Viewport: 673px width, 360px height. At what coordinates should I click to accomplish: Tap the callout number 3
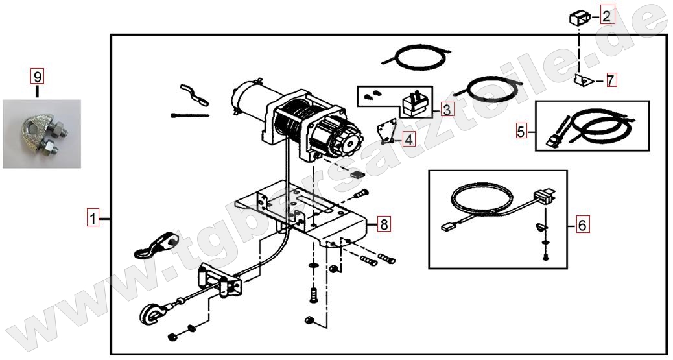(447, 110)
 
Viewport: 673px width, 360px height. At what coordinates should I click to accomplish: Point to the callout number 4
(408, 139)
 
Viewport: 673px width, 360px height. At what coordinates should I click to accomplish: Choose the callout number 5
(521, 131)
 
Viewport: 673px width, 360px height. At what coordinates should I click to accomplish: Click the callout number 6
(582, 224)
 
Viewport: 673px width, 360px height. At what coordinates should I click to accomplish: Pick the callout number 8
(384, 223)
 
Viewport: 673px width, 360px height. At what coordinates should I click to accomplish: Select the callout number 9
(38, 77)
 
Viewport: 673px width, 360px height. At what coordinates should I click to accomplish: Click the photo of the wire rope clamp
(41, 134)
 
